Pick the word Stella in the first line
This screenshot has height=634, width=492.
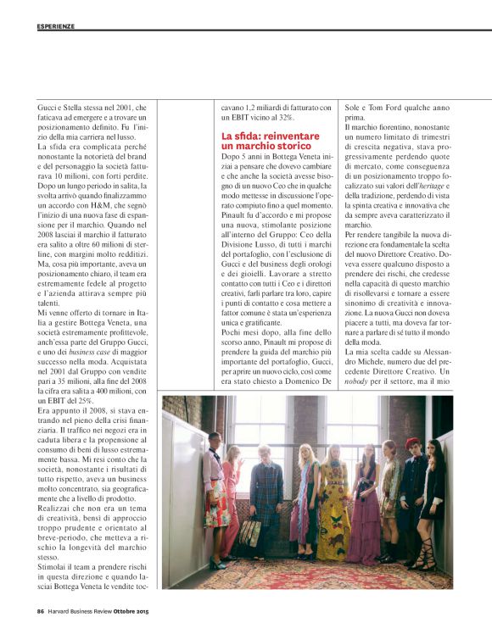point(77,107)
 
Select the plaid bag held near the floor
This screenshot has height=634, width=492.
point(252,533)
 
